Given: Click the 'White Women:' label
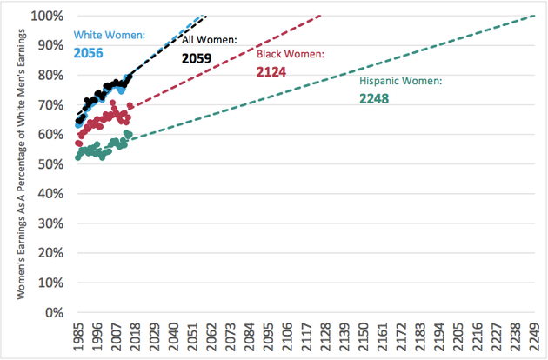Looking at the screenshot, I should pos(109,36).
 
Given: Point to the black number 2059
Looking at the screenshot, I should pos(197,58).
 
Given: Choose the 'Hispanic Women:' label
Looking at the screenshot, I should pos(401,81).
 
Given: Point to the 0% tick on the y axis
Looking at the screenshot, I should pos(53,312).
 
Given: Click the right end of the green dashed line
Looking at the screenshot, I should pos(536,16).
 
